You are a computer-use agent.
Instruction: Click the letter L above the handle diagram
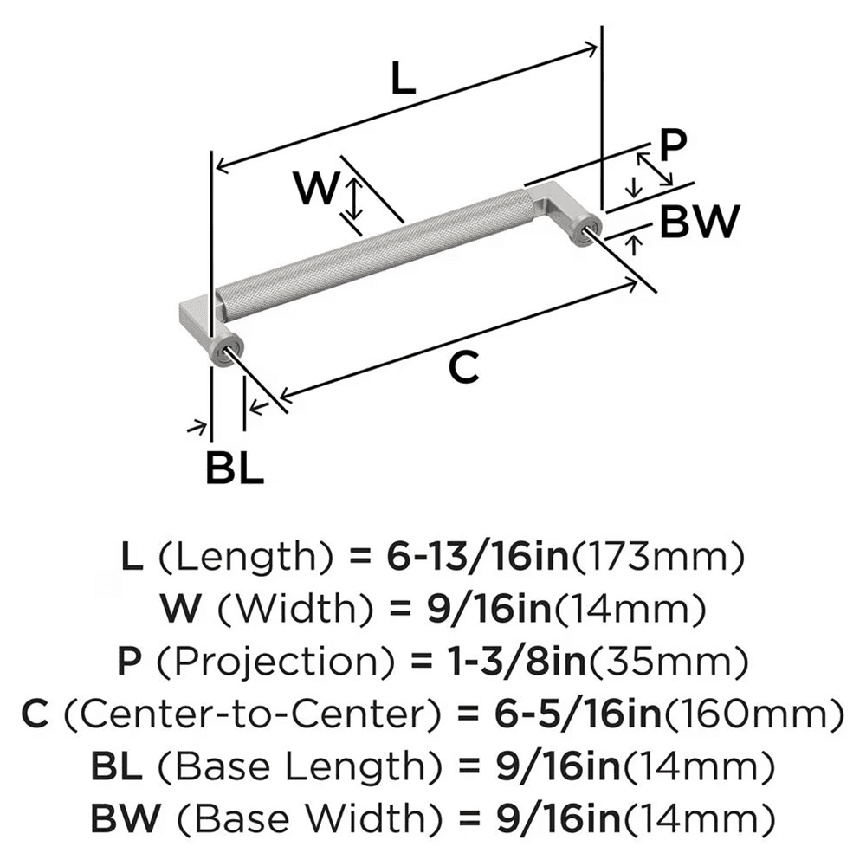pos(403,80)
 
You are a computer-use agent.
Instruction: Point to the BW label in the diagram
pos(699,222)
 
